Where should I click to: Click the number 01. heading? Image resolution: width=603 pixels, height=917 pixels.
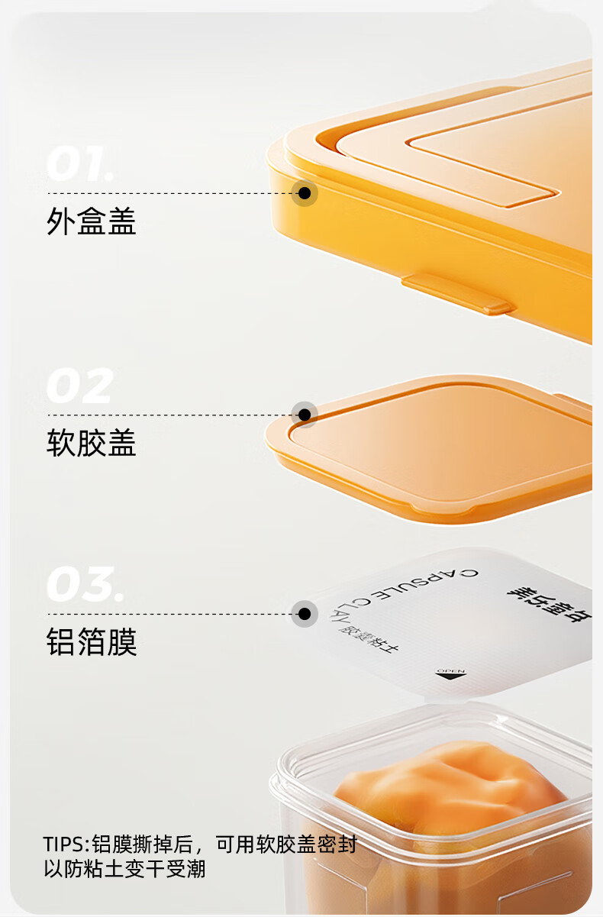pyautogui.click(x=80, y=164)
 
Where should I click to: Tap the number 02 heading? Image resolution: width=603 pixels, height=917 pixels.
pyautogui.click(x=79, y=386)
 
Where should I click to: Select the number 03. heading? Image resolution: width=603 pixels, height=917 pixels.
pyautogui.click(x=84, y=585)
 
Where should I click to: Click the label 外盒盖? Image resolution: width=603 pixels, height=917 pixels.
pyautogui.click(x=92, y=222)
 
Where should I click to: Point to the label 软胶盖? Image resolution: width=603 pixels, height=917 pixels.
pyautogui.click(x=92, y=444)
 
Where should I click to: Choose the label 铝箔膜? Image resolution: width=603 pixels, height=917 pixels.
pyautogui.click(x=92, y=642)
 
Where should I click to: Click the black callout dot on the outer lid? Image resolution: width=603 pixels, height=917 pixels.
pyautogui.click(x=305, y=193)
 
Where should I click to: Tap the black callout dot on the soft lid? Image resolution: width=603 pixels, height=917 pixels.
pyautogui.click(x=305, y=415)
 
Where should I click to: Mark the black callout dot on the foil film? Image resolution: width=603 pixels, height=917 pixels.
pyautogui.click(x=305, y=613)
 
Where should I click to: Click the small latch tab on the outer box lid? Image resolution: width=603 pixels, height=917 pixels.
pyautogui.click(x=458, y=295)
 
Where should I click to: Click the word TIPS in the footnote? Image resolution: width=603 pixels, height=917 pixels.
pyautogui.click(x=66, y=845)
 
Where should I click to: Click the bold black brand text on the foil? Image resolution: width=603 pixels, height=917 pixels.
pyautogui.click(x=550, y=603)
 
